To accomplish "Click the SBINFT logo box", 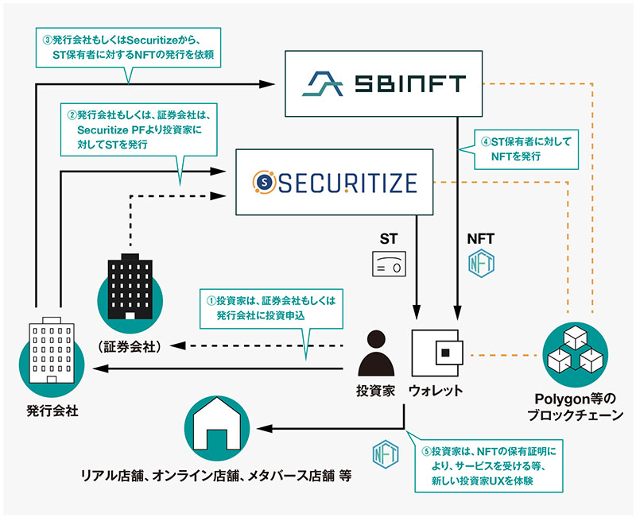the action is pos(383,83).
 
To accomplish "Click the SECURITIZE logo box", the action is pos(334,182).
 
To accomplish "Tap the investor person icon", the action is pos(376,353).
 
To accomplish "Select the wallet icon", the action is pos(436,353).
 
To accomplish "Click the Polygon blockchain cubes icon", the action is pos(575,354).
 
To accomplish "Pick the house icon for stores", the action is pos(217,428).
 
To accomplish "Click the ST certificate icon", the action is pos(389,264).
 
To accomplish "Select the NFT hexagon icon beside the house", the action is pos(386,452).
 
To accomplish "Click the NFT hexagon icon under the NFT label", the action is pos(481,263).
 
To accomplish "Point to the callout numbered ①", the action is pos(271,309).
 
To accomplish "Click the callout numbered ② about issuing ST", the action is pos(138,129).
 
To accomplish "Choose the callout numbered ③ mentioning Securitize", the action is pos(128,48).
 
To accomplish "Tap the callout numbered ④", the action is pos(526,149).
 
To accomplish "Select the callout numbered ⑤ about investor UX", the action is pos(489,466).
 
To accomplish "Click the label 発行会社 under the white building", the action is pos(52,411).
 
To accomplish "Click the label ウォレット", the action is pos(436,391).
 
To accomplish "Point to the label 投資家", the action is pos(375,391).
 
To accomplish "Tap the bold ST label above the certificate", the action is pos(389,239).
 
